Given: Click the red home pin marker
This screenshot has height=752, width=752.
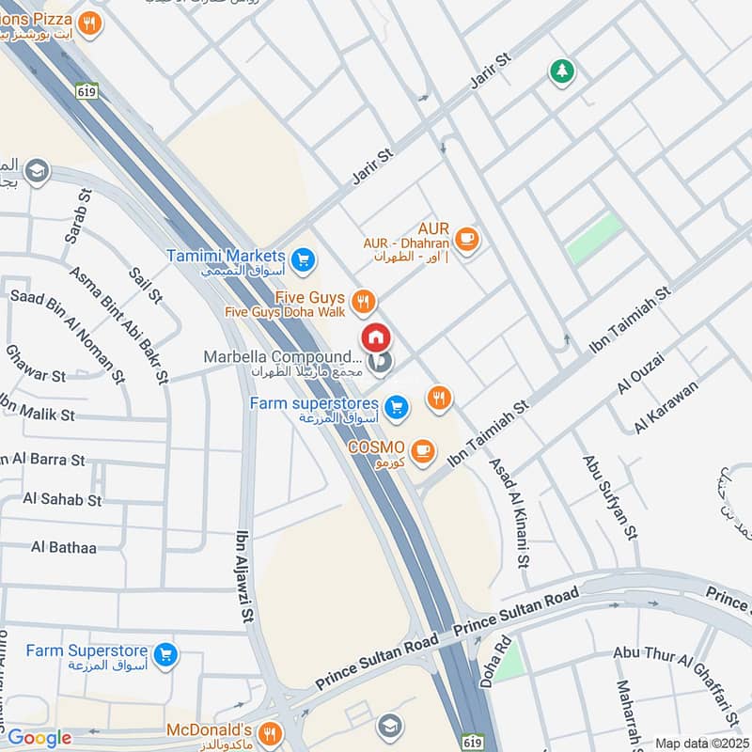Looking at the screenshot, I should coord(375,337).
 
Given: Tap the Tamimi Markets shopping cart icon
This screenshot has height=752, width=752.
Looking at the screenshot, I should coord(303,259).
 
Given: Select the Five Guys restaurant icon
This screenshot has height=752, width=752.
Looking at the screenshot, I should coord(365,302).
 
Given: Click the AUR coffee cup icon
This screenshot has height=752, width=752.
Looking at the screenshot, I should coord(467,241).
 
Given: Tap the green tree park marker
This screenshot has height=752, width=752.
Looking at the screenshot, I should coord(562,70).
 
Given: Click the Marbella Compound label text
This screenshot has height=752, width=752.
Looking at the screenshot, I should coord(282,357).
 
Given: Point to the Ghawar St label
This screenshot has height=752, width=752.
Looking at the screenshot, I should coord(34,375).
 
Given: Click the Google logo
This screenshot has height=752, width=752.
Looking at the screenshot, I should coord(39,738).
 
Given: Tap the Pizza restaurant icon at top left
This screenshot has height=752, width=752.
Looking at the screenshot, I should coord(89,23).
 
